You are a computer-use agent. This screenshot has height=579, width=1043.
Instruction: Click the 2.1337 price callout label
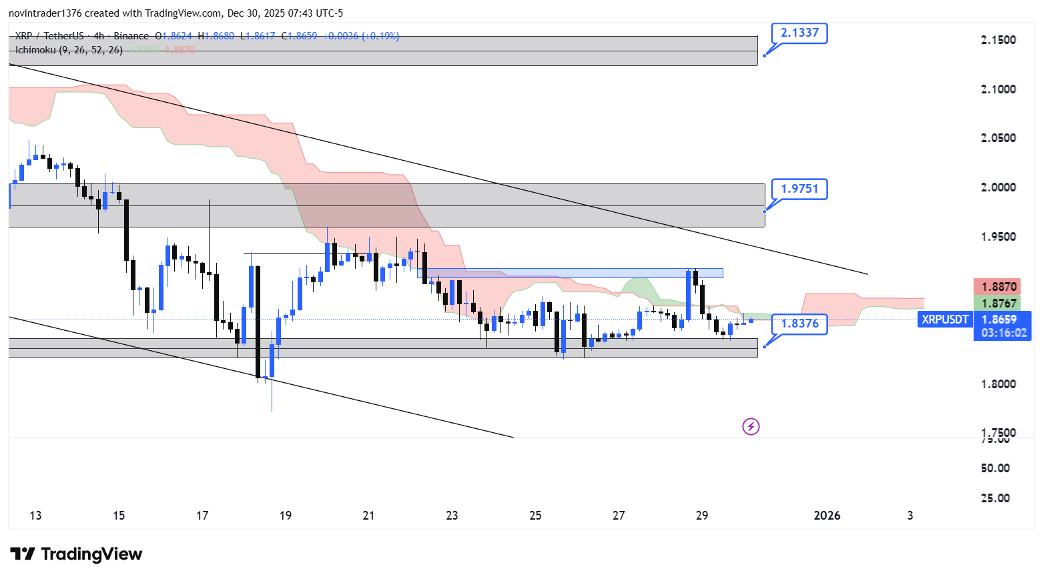(x=799, y=33)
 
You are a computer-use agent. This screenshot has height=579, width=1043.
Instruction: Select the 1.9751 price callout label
(x=799, y=189)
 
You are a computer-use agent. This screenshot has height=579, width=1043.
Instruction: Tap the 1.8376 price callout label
(x=799, y=324)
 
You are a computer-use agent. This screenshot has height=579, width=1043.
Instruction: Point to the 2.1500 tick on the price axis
(x=998, y=40)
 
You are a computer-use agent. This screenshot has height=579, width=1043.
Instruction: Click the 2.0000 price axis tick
(x=998, y=187)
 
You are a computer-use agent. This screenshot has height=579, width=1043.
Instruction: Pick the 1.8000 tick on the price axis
(x=998, y=384)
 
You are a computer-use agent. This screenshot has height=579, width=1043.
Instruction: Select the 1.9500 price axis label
(x=998, y=237)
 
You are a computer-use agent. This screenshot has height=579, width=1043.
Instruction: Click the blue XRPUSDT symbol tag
(x=945, y=320)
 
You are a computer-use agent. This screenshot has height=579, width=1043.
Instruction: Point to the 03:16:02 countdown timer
(x=1004, y=333)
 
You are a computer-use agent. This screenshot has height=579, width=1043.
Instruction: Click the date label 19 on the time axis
(x=286, y=516)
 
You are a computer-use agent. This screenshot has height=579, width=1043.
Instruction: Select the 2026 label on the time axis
(x=827, y=516)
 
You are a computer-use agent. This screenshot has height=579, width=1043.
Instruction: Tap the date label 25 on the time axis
(x=535, y=516)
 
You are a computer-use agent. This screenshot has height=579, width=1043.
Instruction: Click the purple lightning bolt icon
(x=751, y=426)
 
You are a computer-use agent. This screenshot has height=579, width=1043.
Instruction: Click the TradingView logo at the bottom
(x=77, y=554)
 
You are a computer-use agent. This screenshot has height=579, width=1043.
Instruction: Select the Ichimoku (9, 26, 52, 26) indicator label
(x=69, y=50)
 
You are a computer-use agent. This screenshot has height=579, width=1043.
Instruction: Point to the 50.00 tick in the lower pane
(x=995, y=468)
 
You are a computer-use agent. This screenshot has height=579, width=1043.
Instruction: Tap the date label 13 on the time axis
(x=35, y=516)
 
